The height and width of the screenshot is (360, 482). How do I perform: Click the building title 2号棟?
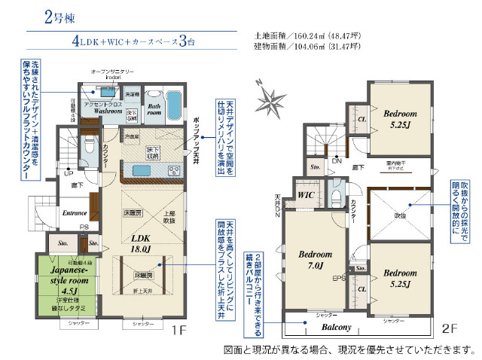pos(59,17)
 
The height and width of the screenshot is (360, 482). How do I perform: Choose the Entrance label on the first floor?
pos(75,213)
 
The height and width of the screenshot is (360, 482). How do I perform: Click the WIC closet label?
pos(305,194)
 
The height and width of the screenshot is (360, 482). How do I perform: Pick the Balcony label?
pos(338,328)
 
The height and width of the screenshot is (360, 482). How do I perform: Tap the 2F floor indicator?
pos(450,329)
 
